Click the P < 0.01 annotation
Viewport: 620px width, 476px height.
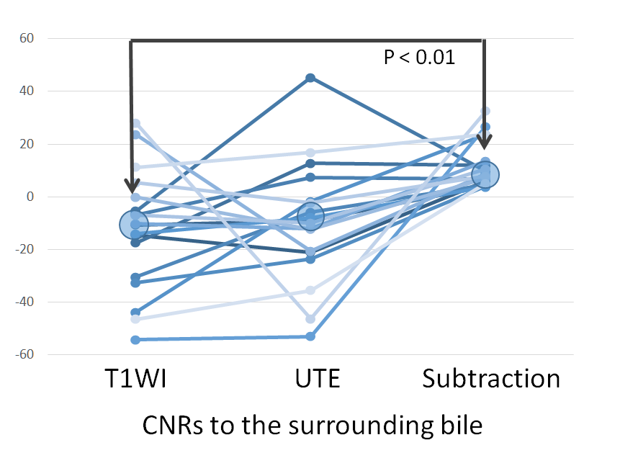pos(419,58)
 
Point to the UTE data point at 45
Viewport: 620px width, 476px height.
pos(310,78)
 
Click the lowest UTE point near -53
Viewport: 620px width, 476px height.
pos(310,336)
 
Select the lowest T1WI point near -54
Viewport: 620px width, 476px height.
pos(135,340)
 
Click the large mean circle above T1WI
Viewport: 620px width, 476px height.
pos(134,225)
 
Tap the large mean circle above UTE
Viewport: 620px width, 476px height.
pos(310,216)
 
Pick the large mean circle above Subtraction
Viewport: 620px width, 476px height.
pos(485,174)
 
